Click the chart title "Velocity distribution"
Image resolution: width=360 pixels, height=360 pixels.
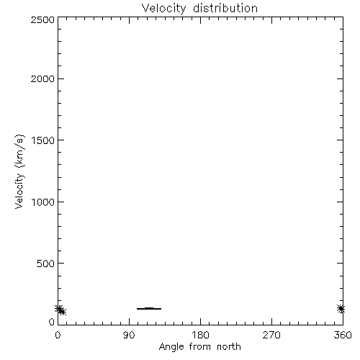point(199,8)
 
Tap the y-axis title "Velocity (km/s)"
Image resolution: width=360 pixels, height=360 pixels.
point(19,171)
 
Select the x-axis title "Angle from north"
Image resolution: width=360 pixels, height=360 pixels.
point(199,347)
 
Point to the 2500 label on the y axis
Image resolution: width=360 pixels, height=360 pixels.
point(42,19)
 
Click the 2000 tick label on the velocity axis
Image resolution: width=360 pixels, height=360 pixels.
point(42,78)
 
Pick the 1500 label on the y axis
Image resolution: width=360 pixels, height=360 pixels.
point(43,140)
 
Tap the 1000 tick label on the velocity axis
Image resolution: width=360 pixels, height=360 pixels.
point(43,202)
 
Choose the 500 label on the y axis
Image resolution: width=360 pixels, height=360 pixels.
point(45,264)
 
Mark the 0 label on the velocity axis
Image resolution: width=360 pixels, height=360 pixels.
point(52,322)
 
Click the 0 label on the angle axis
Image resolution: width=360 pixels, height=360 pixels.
point(58,335)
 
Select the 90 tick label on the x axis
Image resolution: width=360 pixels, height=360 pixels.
point(129,335)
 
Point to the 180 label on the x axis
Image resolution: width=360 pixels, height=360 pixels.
point(200,335)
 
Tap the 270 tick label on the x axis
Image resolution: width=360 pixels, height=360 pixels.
point(271,335)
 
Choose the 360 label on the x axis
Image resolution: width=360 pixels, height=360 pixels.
point(343,335)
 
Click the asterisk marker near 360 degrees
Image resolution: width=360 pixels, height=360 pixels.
point(341,309)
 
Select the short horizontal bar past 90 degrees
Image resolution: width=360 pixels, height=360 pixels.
point(149,308)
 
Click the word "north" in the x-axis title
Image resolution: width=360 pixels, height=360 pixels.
point(229,347)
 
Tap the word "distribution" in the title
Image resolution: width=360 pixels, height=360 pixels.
point(225,8)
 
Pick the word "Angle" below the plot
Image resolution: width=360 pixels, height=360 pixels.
point(171,347)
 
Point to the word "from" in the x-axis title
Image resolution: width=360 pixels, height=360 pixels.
point(200,347)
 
